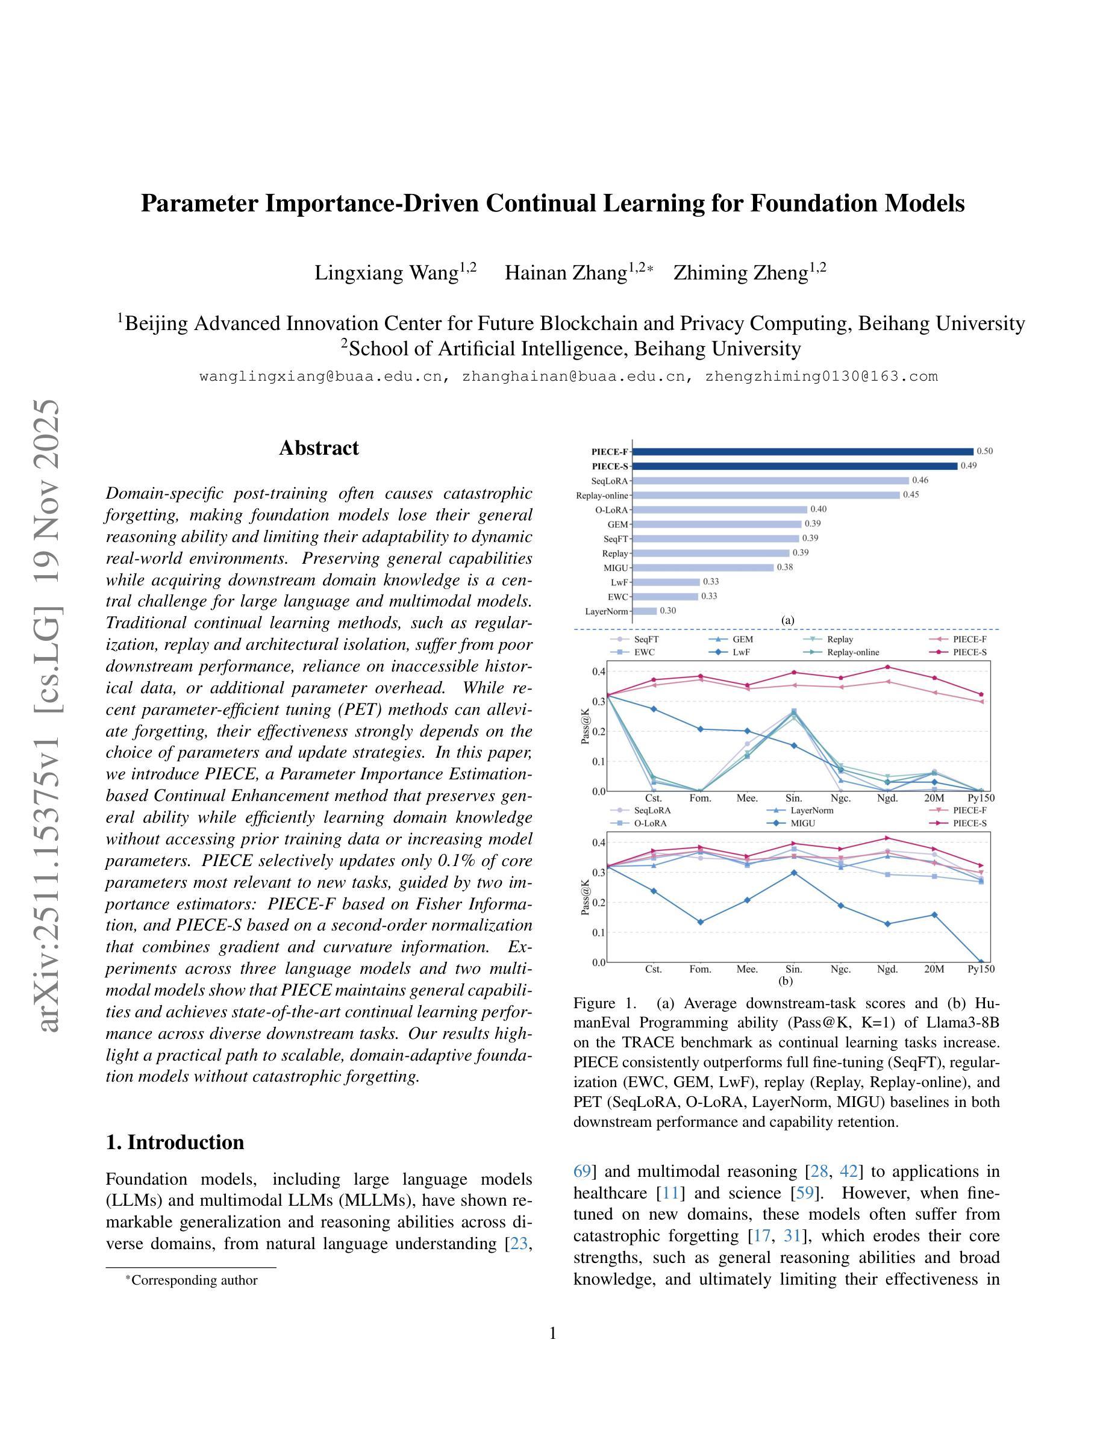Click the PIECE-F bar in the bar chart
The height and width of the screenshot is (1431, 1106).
click(802, 452)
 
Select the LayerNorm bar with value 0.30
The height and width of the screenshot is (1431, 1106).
click(645, 611)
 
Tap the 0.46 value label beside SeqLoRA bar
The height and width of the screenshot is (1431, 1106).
click(920, 480)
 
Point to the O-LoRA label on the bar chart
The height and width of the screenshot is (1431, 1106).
click(612, 510)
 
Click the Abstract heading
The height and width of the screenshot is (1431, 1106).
click(319, 448)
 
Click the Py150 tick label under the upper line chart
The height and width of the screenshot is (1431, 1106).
click(981, 798)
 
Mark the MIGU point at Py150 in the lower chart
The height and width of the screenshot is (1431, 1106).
click(981, 962)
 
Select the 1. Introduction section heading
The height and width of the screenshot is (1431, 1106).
click(174, 1142)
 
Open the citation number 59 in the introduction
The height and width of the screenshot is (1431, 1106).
click(804, 1193)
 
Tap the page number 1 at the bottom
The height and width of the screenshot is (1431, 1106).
click(552, 1333)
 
